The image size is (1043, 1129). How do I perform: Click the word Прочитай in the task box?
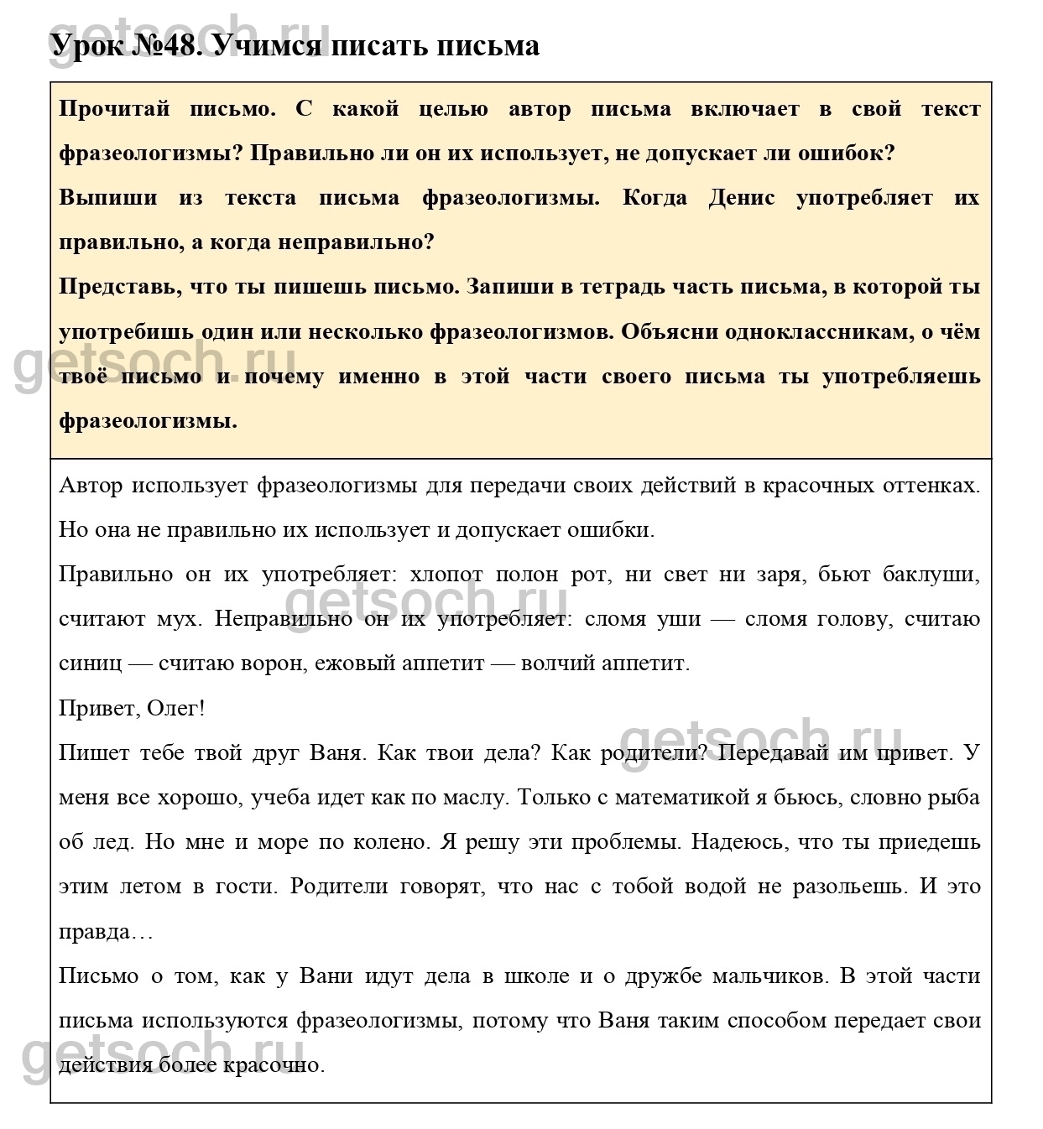click(x=114, y=108)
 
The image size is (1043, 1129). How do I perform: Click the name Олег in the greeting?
click(x=173, y=708)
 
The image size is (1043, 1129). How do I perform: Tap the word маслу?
click(x=475, y=797)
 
